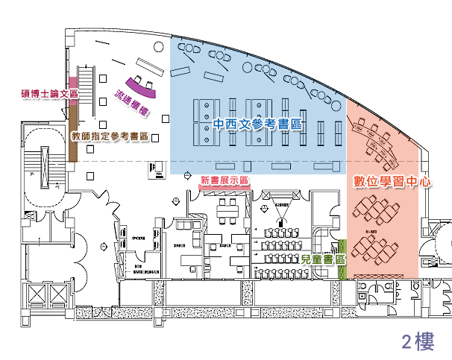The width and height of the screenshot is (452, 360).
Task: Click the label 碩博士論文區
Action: coord(47,94)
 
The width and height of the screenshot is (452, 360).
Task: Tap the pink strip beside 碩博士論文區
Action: coord(73,87)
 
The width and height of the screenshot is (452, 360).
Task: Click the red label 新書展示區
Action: coord(225,180)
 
